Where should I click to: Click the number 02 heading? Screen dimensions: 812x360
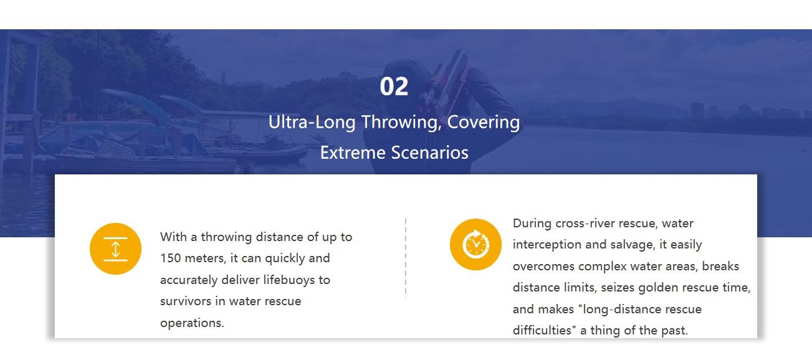tap(394, 87)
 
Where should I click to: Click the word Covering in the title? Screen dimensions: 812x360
tap(483, 123)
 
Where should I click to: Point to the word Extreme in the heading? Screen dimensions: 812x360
tap(353, 153)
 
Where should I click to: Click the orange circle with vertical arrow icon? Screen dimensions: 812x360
tap(116, 249)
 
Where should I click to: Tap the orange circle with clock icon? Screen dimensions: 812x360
tap(475, 245)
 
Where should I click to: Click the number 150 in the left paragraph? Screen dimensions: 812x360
tap(170, 258)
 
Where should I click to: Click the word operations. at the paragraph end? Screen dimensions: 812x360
tap(192, 323)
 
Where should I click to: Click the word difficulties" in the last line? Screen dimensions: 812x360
tap(545, 330)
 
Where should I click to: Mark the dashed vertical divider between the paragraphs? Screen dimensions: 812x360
tap(406, 258)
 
